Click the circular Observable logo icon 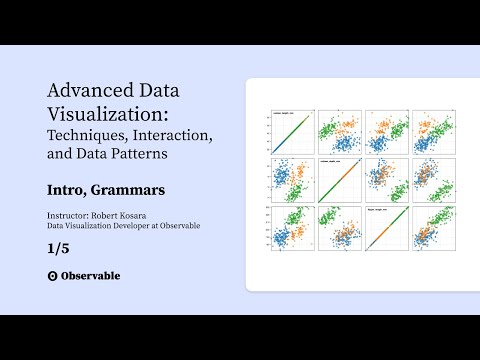52,275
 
